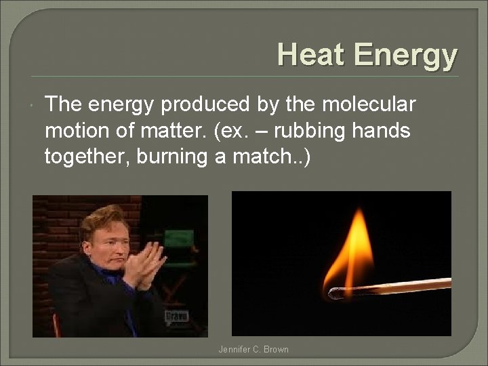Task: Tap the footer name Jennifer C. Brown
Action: [x=253, y=350]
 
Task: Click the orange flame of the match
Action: [x=350, y=251]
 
